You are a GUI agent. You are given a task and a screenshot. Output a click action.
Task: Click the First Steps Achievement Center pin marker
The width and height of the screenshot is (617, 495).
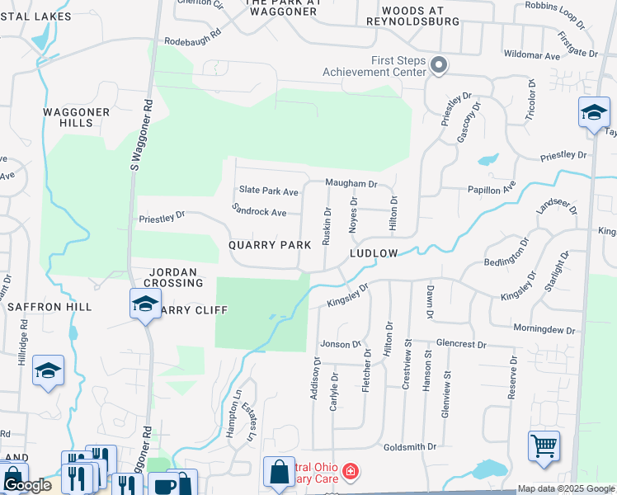click(x=439, y=65)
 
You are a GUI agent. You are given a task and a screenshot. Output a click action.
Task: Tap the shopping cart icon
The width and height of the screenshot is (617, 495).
click(x=544, y=446)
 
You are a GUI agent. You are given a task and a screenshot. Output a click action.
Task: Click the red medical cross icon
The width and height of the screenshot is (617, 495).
click(x=351, y=472)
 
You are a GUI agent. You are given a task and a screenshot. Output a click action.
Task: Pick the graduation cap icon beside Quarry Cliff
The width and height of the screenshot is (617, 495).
click(x=144, y=304)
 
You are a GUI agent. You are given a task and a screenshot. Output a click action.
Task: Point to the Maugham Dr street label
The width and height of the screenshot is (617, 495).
click(x=351, y=184)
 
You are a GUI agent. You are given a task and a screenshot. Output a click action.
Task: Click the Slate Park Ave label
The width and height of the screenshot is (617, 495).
click(x=268, y=191)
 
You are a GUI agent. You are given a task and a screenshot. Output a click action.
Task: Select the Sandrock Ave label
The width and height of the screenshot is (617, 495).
click(x=259, y=211)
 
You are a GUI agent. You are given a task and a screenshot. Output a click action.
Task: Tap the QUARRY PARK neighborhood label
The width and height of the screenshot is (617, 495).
click(x=270, y=245)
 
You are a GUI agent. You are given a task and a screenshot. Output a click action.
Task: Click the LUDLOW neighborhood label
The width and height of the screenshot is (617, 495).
click(x=374, y=253)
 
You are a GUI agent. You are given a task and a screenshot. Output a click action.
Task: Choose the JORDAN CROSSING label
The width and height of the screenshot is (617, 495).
click(x=177, y=277)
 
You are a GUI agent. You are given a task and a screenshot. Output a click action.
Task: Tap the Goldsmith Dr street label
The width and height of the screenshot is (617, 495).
click(x=410, y=446)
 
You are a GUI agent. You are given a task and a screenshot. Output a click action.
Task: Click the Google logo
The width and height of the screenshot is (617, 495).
click(x=26, y=485)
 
